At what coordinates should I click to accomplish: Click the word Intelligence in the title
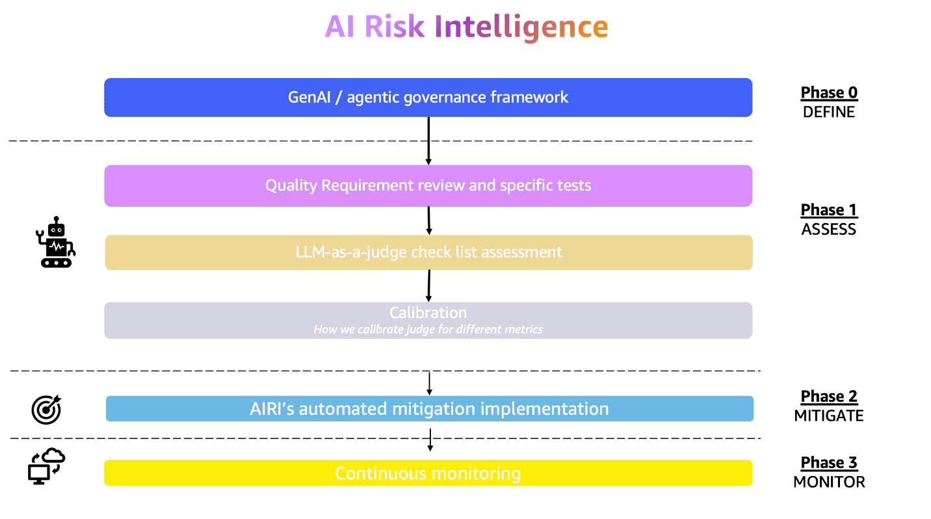pos(524,27)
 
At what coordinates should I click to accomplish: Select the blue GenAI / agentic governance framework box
pos(428,98)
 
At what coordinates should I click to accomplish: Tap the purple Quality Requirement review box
pos(428,186)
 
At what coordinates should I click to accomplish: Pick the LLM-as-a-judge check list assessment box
pos(428,252)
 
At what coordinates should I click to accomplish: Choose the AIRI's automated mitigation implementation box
pos(429,409)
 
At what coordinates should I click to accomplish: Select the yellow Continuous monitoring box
pos(428,473)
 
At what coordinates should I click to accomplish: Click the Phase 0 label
pos(829,93)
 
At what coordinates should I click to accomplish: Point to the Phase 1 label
pos(829,210)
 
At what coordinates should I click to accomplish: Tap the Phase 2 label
pos(829,397)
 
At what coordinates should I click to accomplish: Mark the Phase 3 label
pos(829,463)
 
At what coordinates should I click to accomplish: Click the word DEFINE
pos(829,112)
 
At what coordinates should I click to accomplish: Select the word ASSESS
pos(829,230)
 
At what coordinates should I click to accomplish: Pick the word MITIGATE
pos(829,416)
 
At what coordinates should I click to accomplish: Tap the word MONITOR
pos(829,483)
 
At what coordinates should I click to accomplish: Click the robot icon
pos(56,243)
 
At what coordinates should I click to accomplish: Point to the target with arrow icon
pos(46,409)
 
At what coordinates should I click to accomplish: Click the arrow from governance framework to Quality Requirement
pos(428,140)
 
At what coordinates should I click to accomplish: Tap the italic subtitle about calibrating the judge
pos(428,330)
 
